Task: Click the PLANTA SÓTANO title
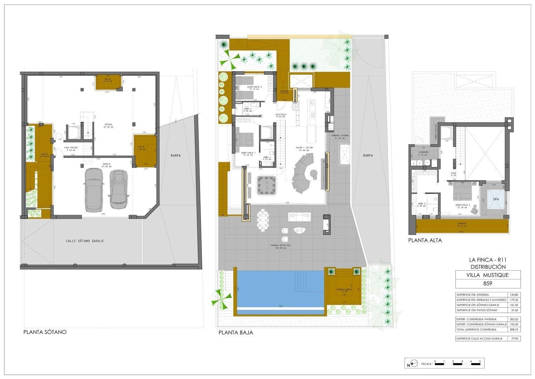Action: (45, 332)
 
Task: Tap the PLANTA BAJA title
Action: (235, 332)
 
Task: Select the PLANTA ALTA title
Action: (425, 240)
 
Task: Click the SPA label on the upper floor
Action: (496, 199)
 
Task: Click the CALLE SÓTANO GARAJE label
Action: (85, 241)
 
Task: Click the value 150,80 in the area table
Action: (514, 295)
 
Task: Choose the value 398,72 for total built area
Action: (514, 330)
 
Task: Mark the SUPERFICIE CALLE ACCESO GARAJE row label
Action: (479, 339)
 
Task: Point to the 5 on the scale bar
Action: (480, 361)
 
